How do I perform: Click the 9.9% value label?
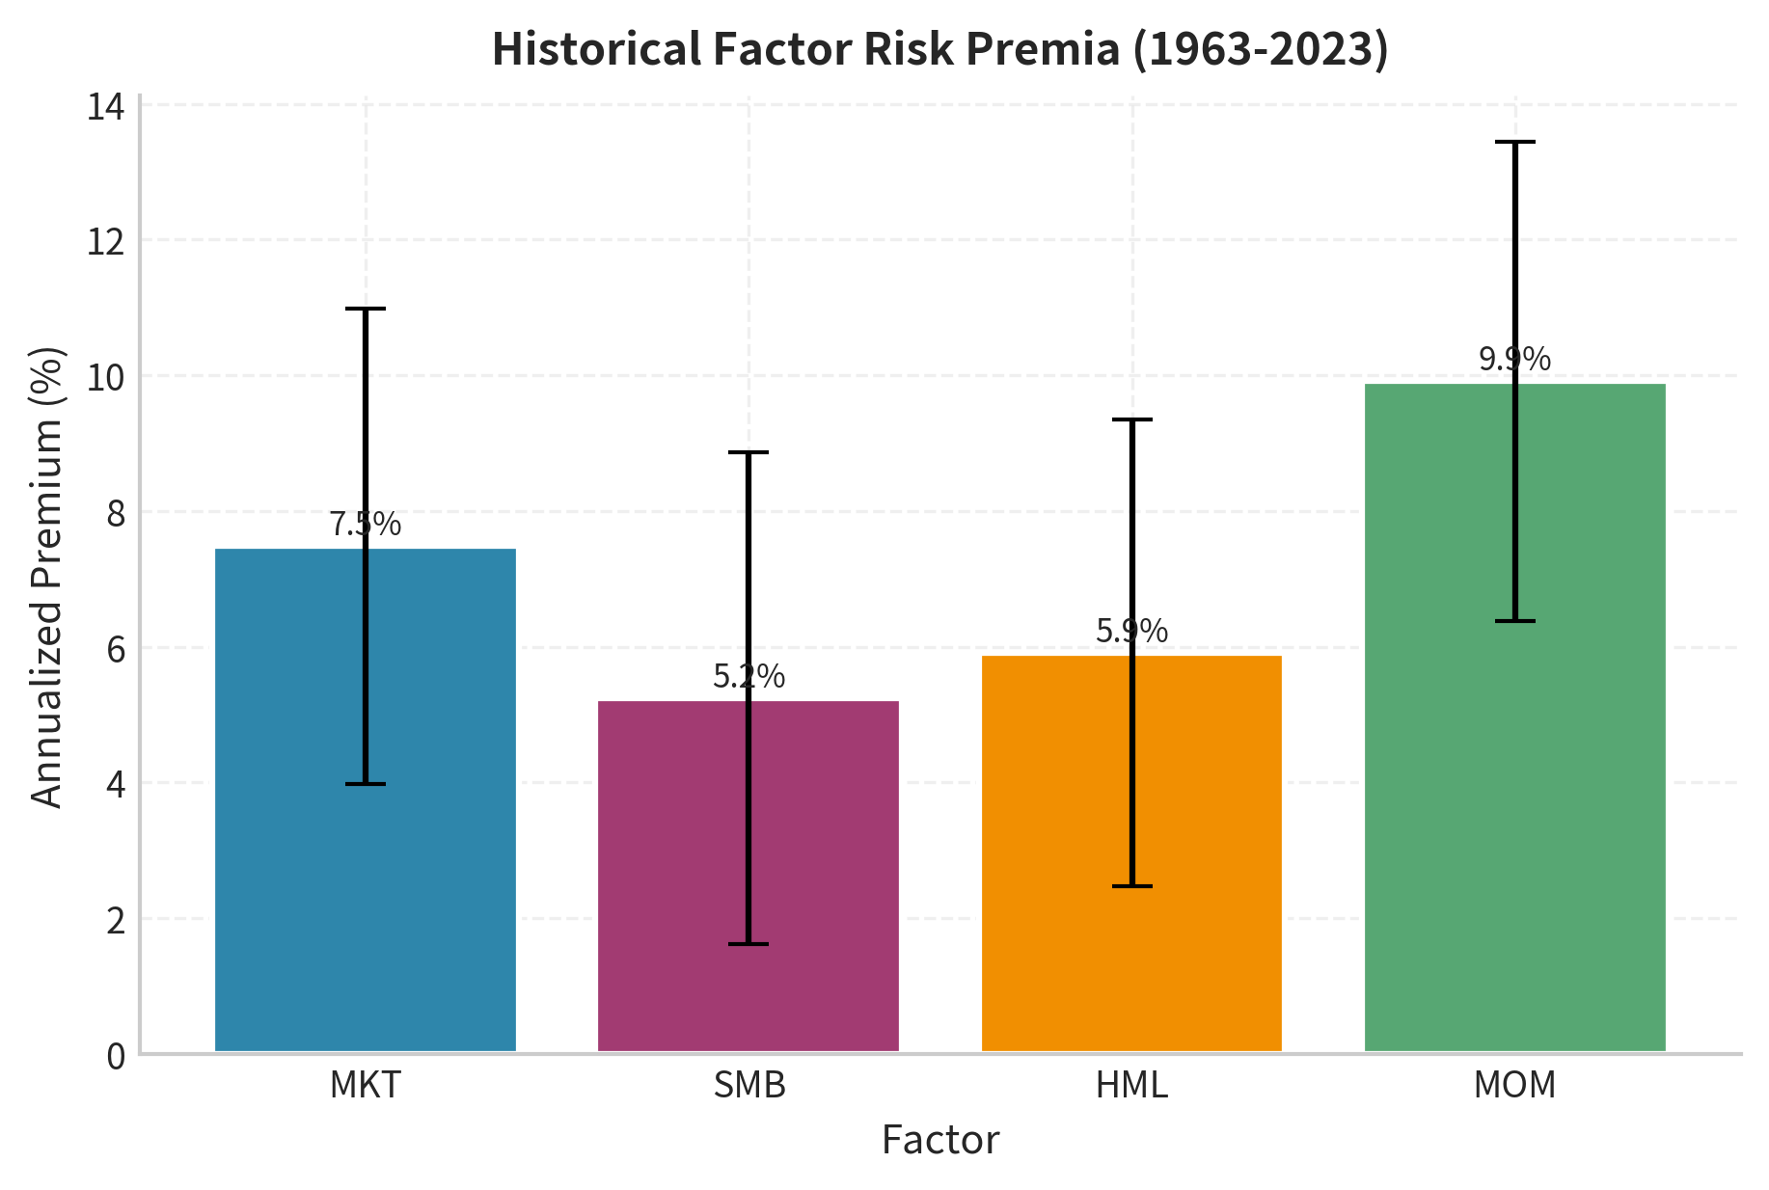[x=1514, y=360]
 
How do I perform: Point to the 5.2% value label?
[x=748, y=677]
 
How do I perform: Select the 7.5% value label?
[x=365, y=525]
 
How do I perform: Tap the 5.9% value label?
[x=1131, y=632]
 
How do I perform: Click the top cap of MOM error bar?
[x=1514, y=143]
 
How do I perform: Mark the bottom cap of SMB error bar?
[x=748, y=944]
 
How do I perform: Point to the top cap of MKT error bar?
[x=366, y=309]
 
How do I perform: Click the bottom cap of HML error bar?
[x=1131, y=885]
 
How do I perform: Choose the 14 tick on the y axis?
[x=106, y=106]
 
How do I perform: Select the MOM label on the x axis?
[x=1514, y=1086]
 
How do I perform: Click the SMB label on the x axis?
[x=749, y=1086]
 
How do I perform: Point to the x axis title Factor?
[x=940, y=1141]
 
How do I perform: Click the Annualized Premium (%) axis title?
[x=46, y=577]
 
